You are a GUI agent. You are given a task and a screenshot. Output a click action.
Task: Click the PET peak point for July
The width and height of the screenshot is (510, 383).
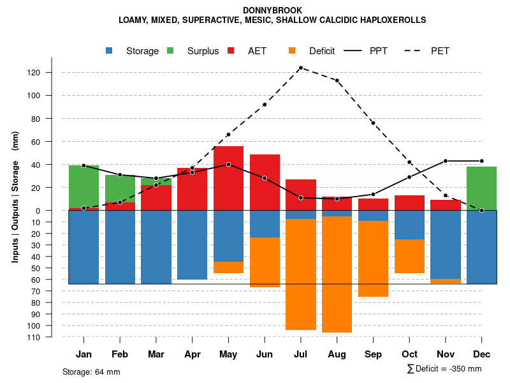[x=301, y=68]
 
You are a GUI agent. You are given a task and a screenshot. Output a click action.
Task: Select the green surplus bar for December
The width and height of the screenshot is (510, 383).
[x=481, y=188]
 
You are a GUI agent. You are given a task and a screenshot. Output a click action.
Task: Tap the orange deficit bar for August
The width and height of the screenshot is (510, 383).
[x=337, y=274]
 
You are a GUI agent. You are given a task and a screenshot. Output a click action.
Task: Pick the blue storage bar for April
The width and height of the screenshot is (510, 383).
[x=192, y=245]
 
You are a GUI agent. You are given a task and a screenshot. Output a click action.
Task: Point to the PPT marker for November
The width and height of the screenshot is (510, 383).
[x=446, y=161]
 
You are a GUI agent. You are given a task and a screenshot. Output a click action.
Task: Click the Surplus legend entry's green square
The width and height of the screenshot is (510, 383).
[x=170, y=51]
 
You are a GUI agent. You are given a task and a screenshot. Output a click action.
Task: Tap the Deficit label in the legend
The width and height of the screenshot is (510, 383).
[x=322, y=51]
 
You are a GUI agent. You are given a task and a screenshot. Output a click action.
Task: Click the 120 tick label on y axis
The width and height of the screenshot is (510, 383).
[x=52, y=73]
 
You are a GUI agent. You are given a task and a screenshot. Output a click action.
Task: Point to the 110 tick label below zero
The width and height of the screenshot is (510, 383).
[x=52, y=337]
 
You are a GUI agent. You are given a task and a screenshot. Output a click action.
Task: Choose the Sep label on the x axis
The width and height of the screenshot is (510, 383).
[x=373, y=354]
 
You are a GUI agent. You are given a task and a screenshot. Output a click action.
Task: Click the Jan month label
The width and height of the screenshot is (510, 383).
[x=84, y=354]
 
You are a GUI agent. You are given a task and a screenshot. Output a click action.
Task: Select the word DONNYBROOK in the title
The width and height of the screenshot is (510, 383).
[x=273, y=10]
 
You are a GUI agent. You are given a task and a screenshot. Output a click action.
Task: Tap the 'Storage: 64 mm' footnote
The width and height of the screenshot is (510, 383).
[x=91, y=372]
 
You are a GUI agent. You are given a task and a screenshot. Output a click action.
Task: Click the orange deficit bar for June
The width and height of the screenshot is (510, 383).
[x=265, y=262]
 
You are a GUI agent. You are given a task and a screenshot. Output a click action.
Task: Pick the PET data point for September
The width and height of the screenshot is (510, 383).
[x=373, y=123]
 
